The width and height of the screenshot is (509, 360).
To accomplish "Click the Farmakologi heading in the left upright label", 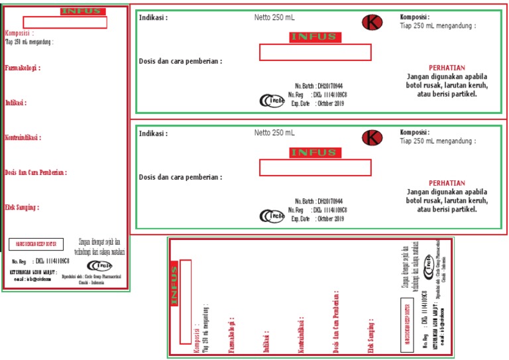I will (x=22, y=68).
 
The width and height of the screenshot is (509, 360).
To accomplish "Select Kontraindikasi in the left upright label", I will (x=23, y=138).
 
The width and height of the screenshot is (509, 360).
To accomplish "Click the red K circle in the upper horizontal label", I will (x=372, y=23).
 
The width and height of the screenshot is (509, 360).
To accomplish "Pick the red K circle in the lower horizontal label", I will (x=372, y=138).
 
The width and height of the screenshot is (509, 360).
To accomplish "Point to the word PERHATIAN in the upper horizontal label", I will (x=447, y=68).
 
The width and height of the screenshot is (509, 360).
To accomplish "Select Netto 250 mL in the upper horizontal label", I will (x=274, y=17).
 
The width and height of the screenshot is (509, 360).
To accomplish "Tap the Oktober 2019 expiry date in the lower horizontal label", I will (x=330, y=219).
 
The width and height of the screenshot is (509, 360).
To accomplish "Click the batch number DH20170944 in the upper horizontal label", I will (x=329, y=86).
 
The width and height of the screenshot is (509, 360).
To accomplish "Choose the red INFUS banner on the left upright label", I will (x=81, y=11).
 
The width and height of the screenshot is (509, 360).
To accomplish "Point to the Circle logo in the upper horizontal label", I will (x=271, y=101).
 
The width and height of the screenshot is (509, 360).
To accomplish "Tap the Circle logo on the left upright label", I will (x=99, y=266).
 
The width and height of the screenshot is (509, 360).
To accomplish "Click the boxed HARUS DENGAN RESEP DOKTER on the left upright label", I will (x=36, y=244).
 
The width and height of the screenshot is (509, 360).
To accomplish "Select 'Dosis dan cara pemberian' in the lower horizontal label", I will (x=180, y=177).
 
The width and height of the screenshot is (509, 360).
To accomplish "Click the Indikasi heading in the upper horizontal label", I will (x=153, y=18).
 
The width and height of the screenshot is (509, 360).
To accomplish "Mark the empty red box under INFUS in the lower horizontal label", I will (x=315, y=168).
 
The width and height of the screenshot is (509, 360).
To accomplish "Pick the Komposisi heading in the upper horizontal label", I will (x=414, y=17).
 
